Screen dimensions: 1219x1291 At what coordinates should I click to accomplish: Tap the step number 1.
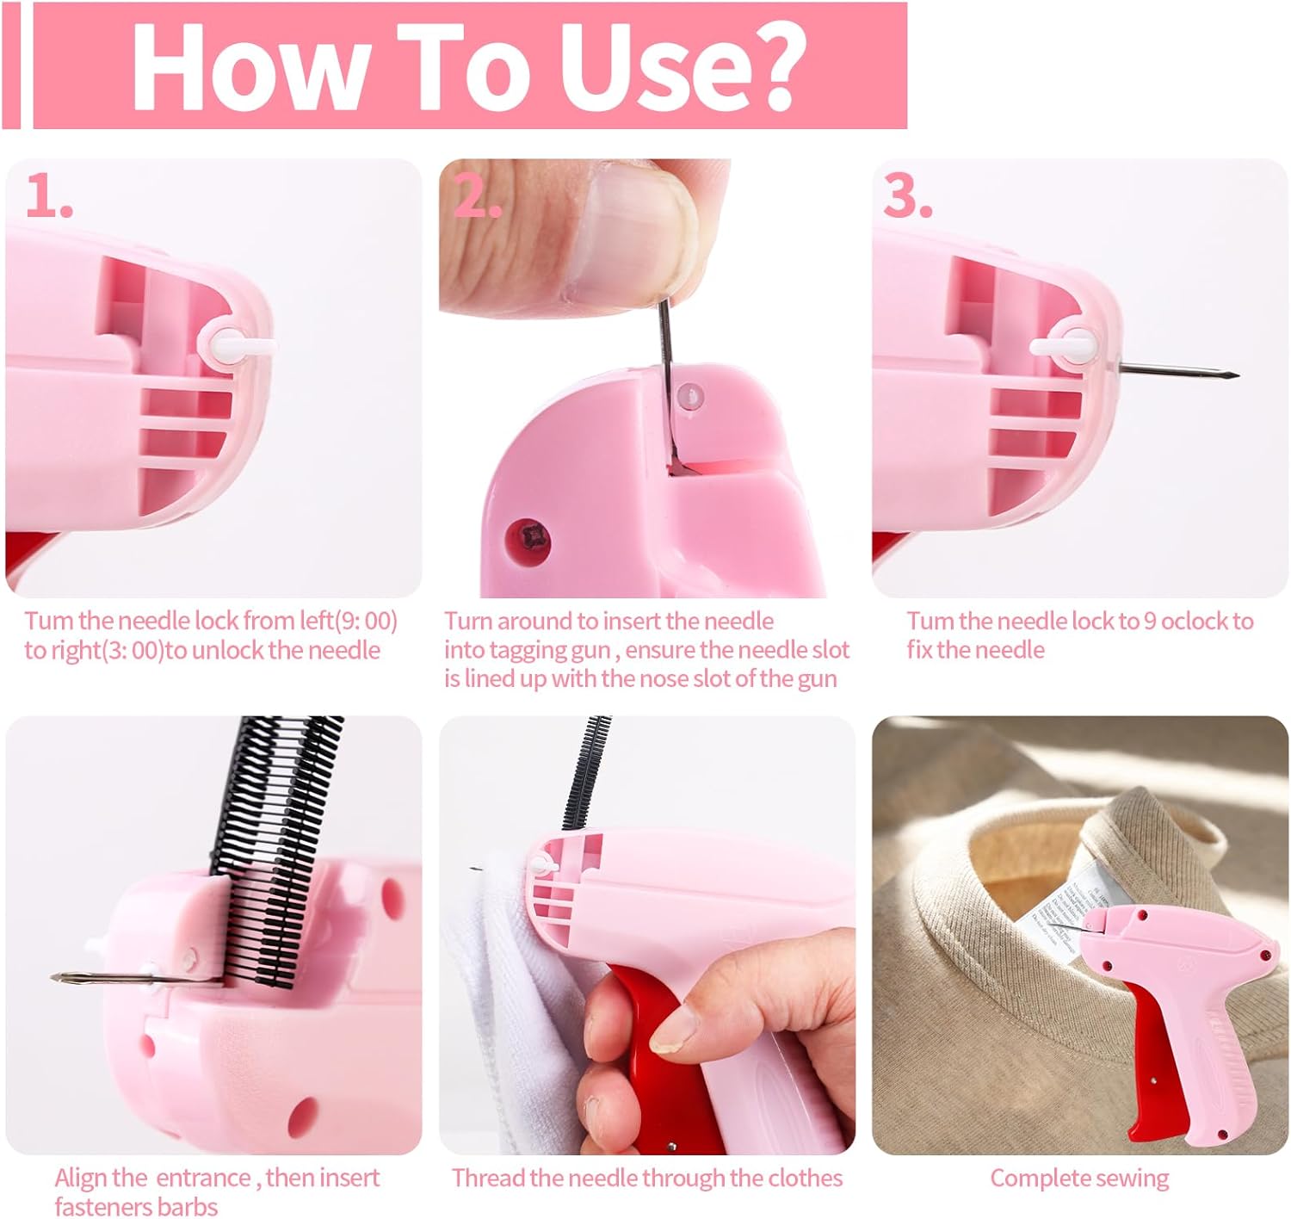49,196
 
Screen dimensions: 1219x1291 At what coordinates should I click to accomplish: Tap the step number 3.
907,196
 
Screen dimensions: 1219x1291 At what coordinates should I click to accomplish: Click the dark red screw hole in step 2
528,539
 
